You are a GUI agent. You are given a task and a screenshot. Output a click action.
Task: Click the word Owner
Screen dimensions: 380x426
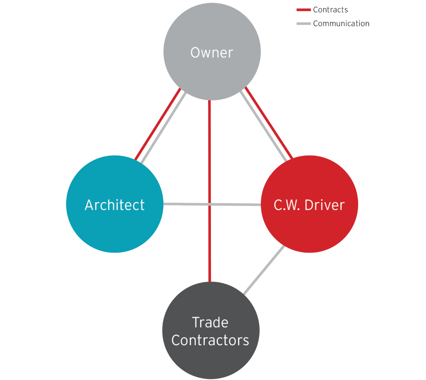coord(211,53)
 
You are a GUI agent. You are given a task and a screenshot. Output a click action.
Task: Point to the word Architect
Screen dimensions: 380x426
coord(115,205)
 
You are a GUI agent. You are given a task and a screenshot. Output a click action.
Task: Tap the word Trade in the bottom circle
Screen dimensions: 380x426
coord(210,322)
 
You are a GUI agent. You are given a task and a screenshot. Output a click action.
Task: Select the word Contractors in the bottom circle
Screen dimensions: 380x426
coord(210,340)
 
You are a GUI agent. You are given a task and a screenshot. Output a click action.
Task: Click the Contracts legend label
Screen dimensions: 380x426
coord(330,10)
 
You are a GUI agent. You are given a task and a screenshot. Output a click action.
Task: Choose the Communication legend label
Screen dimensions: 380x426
coord(341,24)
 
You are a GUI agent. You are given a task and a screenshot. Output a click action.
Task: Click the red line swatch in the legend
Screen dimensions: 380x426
coord(303,10)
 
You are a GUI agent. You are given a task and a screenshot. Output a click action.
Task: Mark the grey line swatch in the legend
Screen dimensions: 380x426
coord(303,24)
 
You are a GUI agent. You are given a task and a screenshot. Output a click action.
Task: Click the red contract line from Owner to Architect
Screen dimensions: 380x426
coord(157,124)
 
